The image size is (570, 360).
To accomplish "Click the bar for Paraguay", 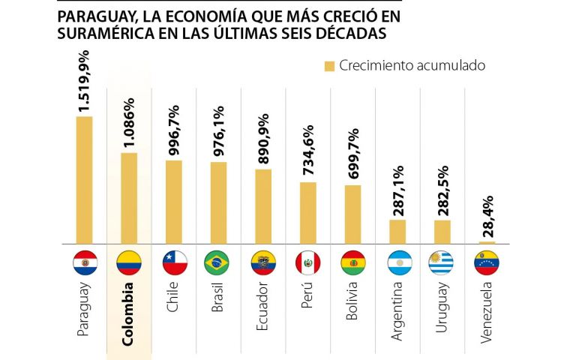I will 84,180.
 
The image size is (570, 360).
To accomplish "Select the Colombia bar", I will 129,198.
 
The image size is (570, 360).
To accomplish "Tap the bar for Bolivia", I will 352,214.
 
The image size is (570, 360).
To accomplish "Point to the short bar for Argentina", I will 397,232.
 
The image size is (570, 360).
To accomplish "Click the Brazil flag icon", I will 217,262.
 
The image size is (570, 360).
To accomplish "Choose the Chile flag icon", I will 173,262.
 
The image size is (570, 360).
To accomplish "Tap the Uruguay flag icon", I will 442,262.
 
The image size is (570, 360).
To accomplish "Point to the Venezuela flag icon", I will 487,262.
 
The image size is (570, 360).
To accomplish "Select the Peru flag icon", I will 308,262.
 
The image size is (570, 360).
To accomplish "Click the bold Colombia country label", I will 129,313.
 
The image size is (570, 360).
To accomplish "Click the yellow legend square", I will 328,66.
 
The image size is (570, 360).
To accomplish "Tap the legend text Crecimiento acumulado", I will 412,66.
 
